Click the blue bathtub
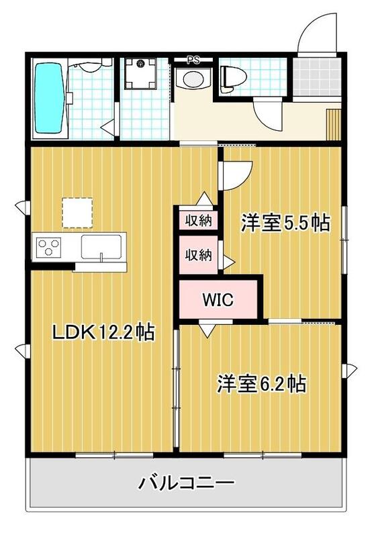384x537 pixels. pyautogui.click(x=49, y=99)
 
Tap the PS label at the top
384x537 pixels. pyautogui.click(x=194, y=60)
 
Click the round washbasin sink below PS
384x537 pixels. pyautogui.click(x=193, y=79)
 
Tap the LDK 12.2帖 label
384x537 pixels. pyautogui.click(x=104, y=332)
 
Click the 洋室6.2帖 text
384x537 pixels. pyautogui.click(x=261, y=384)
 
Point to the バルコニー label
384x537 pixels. pyautogui.click(x=187, y=483)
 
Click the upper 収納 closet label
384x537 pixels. pyautogui.click(x=198, y=220)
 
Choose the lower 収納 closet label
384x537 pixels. pyautogui.click(x=198, y=255)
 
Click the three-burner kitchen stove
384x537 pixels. pyautogui.click(x=48, y=247)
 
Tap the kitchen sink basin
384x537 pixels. pyautogui.click(x=102, y=246)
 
